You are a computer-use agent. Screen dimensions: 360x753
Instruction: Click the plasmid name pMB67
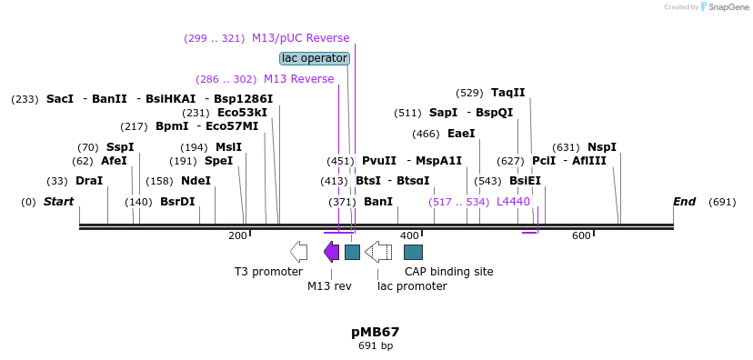point(376,332)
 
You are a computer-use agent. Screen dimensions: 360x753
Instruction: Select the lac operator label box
point(315,58)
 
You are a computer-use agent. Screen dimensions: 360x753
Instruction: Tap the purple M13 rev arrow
point(331,252)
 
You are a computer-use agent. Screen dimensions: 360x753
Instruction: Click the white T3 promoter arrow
point(298,252)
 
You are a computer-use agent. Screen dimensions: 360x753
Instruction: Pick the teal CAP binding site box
point(413,252)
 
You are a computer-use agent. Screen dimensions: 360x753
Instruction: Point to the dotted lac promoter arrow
point(378,252)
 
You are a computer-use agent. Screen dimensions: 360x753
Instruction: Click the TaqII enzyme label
point(507,93)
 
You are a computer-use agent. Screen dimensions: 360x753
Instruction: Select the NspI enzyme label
point(601,147)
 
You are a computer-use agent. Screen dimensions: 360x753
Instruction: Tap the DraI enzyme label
point(89,181)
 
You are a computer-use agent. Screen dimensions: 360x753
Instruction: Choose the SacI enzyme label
point(60,99)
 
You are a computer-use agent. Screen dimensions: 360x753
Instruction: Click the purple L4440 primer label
point(513,202)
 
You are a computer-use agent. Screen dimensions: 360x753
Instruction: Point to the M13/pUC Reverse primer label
point(300,38)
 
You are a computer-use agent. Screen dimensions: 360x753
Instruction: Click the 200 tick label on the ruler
point(237,236)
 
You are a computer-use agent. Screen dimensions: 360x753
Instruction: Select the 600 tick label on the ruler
point(581,236)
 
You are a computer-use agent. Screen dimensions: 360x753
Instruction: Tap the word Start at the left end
point(59,201)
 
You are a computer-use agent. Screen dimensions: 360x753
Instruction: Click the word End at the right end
point(684,201)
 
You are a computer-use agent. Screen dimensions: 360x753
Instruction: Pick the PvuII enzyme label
point(379,161)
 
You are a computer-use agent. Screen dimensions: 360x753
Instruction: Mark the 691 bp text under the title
point(376,346)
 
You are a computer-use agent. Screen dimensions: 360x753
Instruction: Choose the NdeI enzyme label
point(196,181)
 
